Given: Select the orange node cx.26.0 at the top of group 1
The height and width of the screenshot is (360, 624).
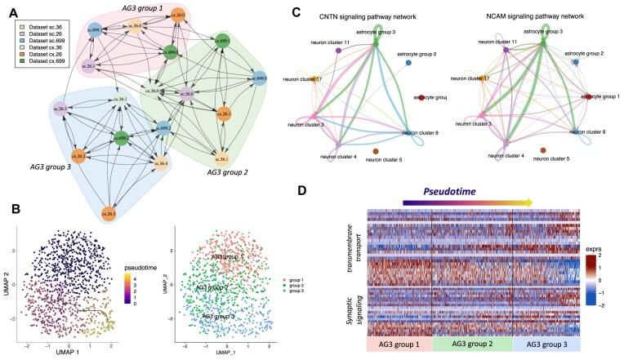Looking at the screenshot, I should pos(178,16).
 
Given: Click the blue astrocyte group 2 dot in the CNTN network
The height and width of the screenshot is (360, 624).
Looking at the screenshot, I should pos(408,62).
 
